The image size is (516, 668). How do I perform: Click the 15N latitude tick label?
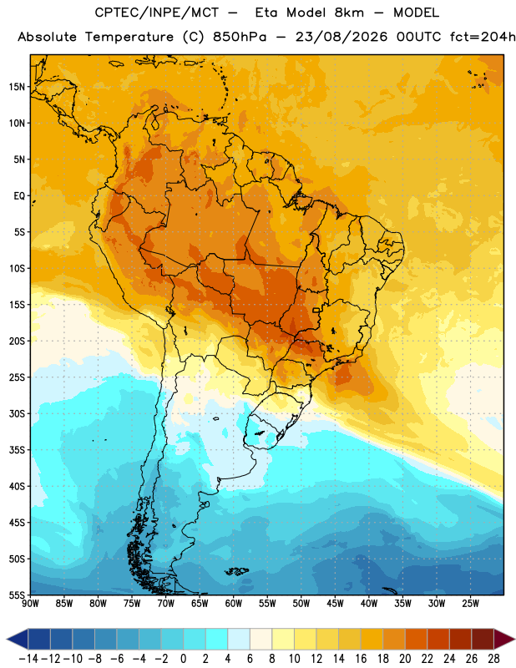click(x=17, y=87)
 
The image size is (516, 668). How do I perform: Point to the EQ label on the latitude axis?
click(x=19, y=196)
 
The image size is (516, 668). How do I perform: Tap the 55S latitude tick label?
click(x=17, y=595)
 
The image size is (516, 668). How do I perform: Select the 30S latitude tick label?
click(x=17, y=413)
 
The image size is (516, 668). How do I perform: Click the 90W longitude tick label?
click(x=30, y=603)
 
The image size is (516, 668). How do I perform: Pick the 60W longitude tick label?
click(x=233, y=603)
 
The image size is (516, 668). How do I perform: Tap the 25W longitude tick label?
click(x=470, y=603)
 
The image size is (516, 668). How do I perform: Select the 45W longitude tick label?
click(x=335, y=603)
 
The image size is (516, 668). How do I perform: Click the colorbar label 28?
click(x=493, y=659)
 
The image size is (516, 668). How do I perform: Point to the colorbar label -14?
click(x=28, y=659)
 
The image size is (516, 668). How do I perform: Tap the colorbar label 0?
click(x=183, y=659)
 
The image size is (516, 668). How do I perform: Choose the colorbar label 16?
click(x=361, y=659)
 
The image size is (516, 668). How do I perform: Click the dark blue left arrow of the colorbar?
click(x=18, y=639)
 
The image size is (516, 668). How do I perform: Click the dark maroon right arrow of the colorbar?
click(x=504, y=639)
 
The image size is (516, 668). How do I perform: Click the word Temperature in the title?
click(x=129, y=37)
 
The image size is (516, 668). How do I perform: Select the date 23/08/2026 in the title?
click(x=341, y=37)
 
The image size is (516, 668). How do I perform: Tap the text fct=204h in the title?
click(x=483, y=37)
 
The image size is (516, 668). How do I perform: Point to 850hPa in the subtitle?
click(x=240, y=37)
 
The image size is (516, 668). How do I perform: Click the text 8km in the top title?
click(x=349, y=13)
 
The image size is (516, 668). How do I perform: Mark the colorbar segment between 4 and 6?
click(x=239, y=639)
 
